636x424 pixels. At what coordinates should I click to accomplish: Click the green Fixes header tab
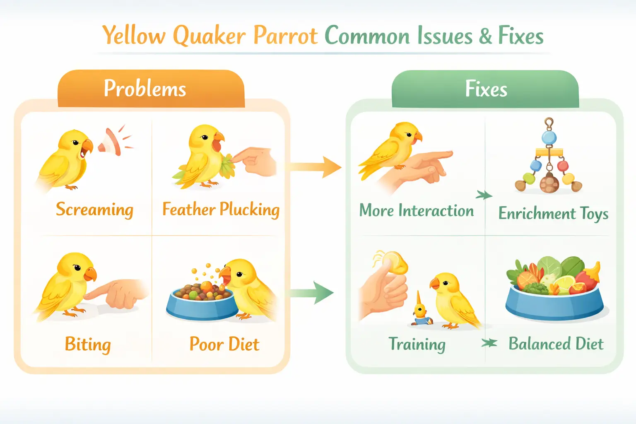coord(485,89)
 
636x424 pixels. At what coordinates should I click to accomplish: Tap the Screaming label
coord(94,210)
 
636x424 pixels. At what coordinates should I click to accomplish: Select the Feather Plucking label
coord(221,210)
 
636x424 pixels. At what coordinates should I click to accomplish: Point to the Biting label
coord(88,344)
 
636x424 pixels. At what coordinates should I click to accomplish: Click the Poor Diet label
coord(224,344)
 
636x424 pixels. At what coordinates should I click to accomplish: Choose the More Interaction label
coord(416,211)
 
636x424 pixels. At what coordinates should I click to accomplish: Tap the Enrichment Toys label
coord(553,214)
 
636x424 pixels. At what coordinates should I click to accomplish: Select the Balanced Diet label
coord(556,344)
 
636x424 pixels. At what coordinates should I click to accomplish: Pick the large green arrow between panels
coord(313,293)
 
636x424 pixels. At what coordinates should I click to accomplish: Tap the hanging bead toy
coord(549,161)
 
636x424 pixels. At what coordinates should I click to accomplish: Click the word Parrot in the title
coord(285,36)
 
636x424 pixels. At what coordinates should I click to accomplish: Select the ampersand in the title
coord(486,36)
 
